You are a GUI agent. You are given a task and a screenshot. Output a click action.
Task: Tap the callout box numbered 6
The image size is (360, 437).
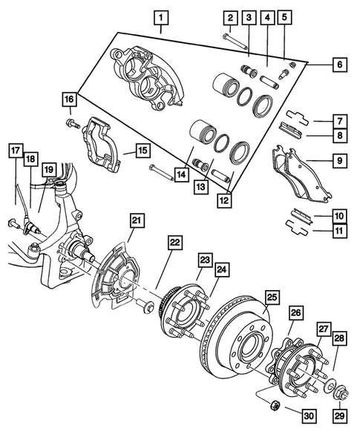pyautogui.click(x=338, y=65)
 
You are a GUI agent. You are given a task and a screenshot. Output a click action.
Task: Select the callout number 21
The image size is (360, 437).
pyautogui.click(x=137, y=220)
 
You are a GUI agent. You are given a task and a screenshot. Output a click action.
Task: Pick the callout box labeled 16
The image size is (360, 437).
pyautogui.click(x=69, y=99)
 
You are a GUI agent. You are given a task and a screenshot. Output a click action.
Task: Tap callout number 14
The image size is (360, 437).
pyautogui.click(x=180, y=175)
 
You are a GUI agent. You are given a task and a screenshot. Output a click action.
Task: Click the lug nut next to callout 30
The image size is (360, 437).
pyautogui.click(x=273, y=405)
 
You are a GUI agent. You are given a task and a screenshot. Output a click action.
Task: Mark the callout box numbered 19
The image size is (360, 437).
pyautogui.click(x=48, y=171)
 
